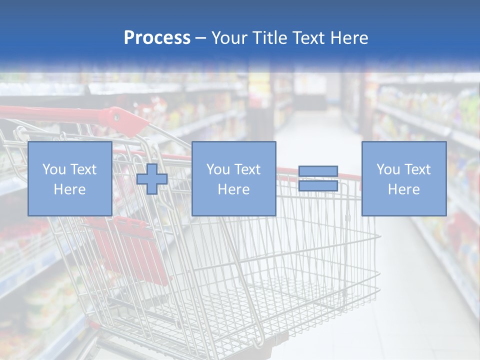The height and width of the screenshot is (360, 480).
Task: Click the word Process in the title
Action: tap(157, 37)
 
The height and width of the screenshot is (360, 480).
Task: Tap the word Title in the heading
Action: tap(269, 37)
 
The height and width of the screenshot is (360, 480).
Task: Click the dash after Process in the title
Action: tap(201, 38)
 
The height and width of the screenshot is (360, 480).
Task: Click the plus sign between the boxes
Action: tap(152, 179)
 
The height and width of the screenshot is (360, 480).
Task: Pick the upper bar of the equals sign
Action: tap(318, 171)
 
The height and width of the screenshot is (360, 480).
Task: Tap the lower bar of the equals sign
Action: tap(318, 186)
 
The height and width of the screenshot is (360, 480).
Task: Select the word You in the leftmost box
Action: tap(54, 169)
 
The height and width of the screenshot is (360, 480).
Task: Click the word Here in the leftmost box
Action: tap(69, 189)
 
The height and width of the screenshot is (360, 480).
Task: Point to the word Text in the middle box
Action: tap(247, 169)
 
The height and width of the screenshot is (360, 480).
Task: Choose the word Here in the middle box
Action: tap(233, 189)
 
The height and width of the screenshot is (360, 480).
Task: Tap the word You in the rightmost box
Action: tap(388, 169)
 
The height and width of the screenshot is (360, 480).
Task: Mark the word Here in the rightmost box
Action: tap(403, 189)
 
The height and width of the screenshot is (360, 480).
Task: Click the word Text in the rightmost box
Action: tap(417, 169)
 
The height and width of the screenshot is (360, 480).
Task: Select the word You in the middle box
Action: tap(218, 169)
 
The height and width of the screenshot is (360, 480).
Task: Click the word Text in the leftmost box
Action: tap(83, 169)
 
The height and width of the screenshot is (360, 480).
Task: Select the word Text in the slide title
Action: tap(306, 37)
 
